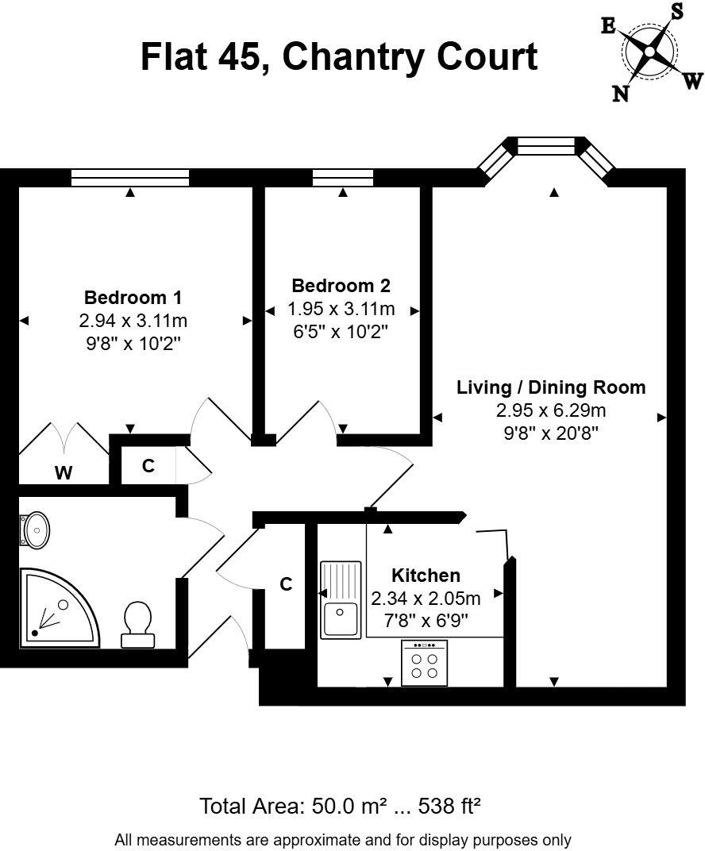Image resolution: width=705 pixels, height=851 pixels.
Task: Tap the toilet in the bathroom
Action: pyautogui.click(x=139, y=624)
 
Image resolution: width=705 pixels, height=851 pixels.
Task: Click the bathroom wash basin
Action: pyautogui.click(x=36, y=529)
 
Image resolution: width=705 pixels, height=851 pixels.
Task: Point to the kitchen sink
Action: pyautogui.click(x=341, y=599)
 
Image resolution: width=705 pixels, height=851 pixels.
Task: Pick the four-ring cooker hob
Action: pyautogui.click(x=424, y=663)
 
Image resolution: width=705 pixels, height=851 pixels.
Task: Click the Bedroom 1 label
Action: pyautogui.click(x=133, y=298)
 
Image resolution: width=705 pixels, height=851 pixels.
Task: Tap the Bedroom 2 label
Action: pyautogui.click(x=341, y=286)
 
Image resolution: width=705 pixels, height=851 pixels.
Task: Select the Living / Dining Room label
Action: pyautogui.click(x=551, y=387)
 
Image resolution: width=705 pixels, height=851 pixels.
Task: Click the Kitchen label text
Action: pyautogui.click(x=426, y=576)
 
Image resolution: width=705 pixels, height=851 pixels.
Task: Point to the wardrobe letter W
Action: pyautogui.click(x=64, y=473)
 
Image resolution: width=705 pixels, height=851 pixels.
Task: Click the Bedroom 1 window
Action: pyautogui.click(x=130, y=178)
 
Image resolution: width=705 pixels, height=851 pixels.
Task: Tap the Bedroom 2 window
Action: pyautogui.click(x=342, y=178)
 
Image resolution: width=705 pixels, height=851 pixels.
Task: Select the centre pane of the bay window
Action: pyautogui.click(x=545, y=146)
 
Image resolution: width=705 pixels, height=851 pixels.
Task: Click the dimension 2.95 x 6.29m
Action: pyautogui.click(x=551, y=410)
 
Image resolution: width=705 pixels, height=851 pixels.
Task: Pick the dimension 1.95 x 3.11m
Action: pyautogui.click(x=341, y=309)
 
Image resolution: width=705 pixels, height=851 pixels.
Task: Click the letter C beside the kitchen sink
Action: pyautogui.click(x=287, y=584)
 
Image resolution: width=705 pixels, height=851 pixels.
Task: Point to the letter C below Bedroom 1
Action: pyautogui.click(x=148, y=467)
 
